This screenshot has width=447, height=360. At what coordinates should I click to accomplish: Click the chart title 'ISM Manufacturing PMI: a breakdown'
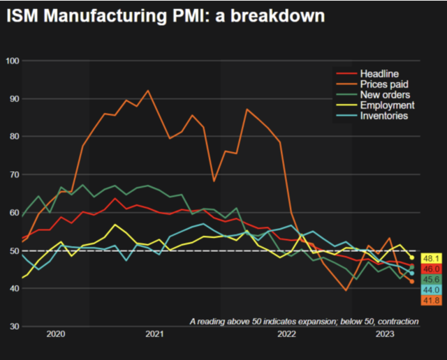pos(166,15)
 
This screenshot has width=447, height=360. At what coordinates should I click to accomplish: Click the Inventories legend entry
pos(383,116)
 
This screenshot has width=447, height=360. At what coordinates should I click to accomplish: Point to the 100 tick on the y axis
pos(11,61)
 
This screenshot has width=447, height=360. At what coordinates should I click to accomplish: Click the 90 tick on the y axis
pos(13,98)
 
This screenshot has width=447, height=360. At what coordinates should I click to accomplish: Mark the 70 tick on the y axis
pos(13,174)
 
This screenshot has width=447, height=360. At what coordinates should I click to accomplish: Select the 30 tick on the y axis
pos(13,326)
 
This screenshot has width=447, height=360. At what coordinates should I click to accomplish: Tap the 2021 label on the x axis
pos(154,335)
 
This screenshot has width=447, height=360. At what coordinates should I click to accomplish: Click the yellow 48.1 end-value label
pos(430,258)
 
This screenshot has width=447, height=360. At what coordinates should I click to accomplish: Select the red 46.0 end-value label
pos(430,269)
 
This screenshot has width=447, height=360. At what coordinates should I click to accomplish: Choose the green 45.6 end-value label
pos(430,279)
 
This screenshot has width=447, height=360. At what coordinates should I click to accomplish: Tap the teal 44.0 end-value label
pos(430,290)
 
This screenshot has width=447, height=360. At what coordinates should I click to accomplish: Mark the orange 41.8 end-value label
pos(430,300)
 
